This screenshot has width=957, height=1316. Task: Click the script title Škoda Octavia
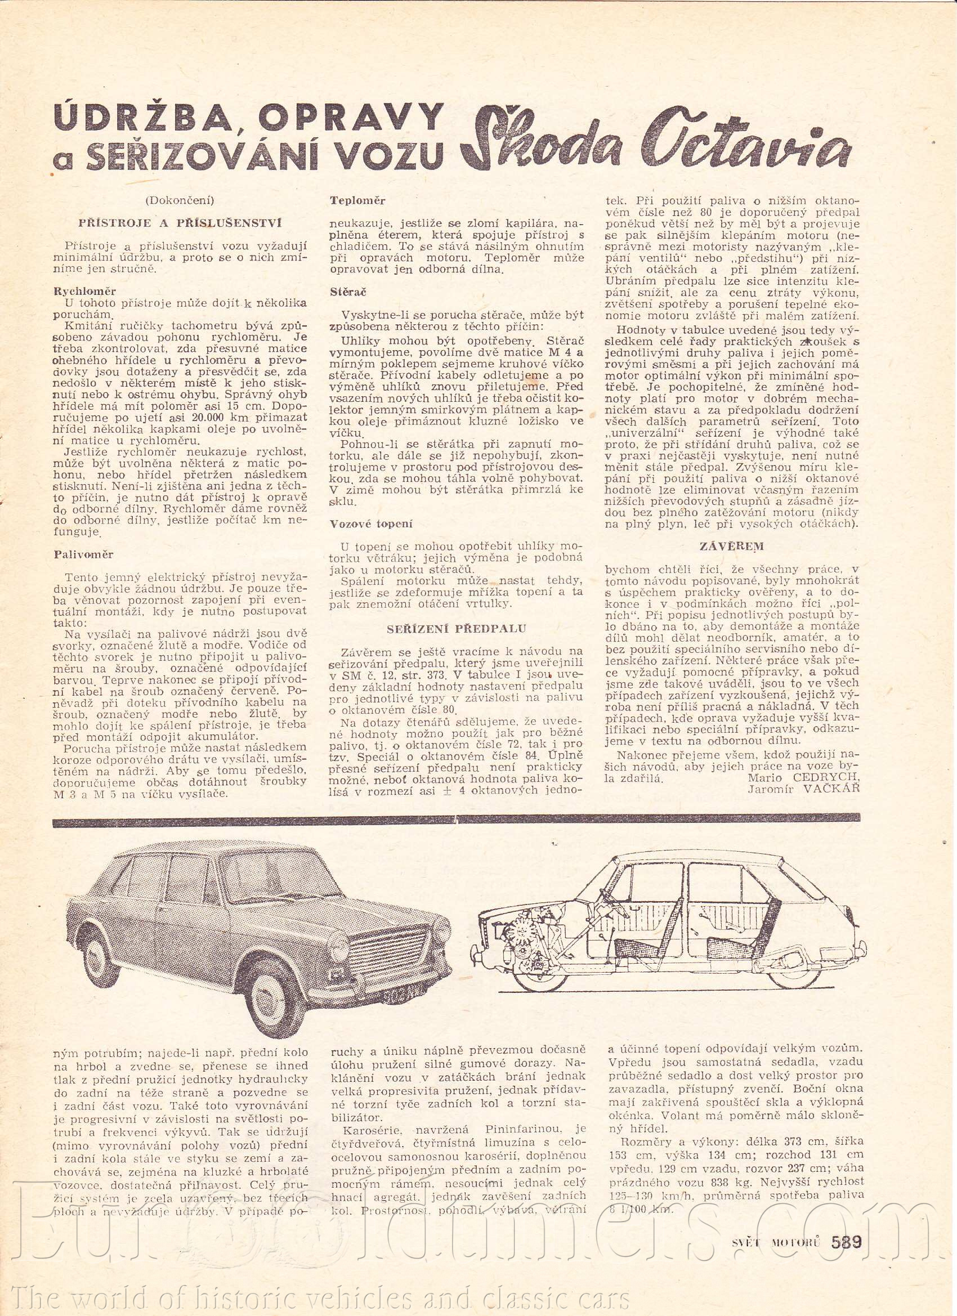(658, 140)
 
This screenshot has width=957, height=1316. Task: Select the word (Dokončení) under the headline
(181, 201)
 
